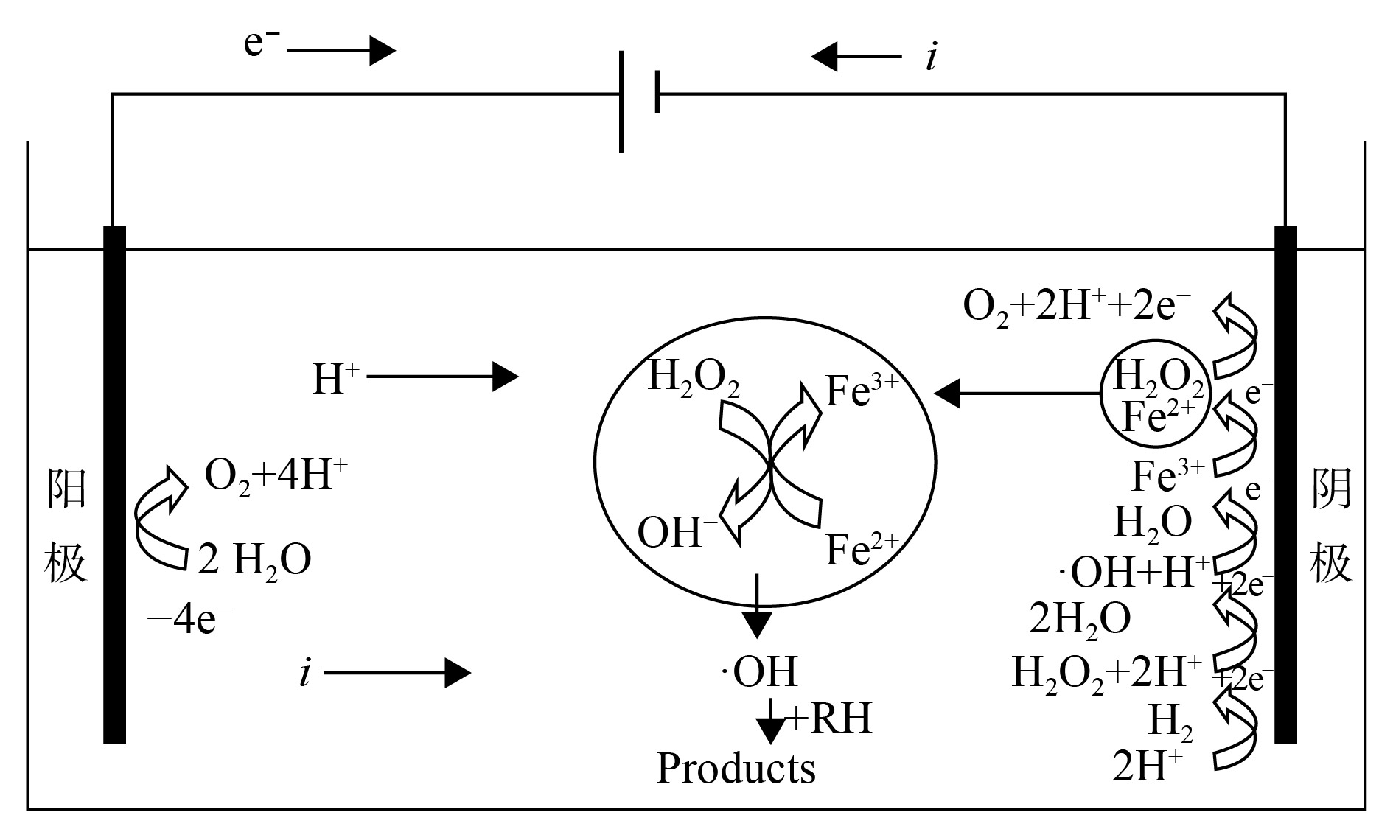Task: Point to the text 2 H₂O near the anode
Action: (x=254, y=560)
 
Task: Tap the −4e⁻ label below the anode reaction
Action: (x=189, y=621)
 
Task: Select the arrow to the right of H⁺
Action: (x=442, y=377)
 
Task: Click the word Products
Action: (x=736, y=769)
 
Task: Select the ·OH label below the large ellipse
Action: (x=759, y=671)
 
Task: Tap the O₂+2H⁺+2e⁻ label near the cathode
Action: (x=1077, y=307)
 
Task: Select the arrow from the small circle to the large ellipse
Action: (x=1017, y=394)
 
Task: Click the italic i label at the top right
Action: (x=932, y=57)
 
